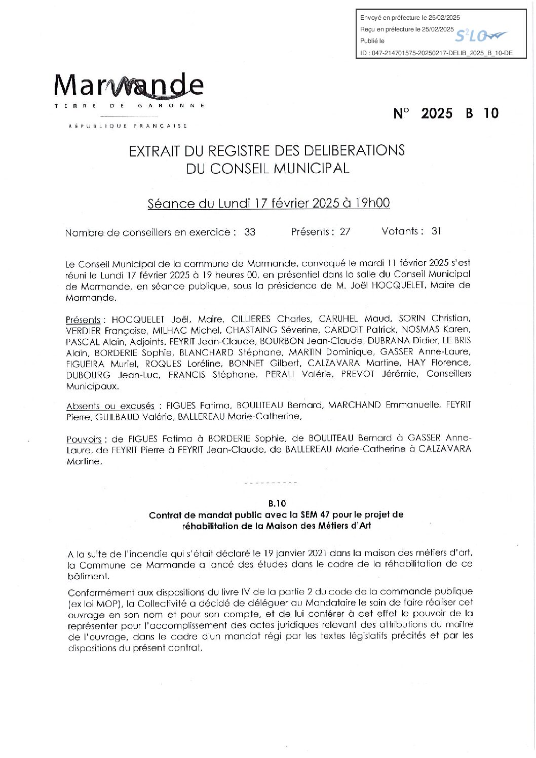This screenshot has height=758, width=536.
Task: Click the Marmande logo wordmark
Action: click(x=129, y=86)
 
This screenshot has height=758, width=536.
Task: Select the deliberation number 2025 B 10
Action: click(x=446, y=113)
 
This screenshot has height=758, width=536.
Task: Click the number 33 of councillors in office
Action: click(x=250, y=232)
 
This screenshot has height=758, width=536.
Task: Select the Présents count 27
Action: click(x=345, y=232)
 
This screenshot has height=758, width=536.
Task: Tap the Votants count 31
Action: click(x=437, y=231)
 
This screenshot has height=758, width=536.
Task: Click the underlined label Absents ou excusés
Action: click(x=110, y=406)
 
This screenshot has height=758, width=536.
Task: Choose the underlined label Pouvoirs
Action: click(x=84, y=440)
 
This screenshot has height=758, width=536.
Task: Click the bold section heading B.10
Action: click(x=277, y=503)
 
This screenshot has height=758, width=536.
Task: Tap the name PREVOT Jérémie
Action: click(x=387, y=374)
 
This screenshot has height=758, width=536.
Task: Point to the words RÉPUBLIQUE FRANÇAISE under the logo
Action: click(x=128, y=126)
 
